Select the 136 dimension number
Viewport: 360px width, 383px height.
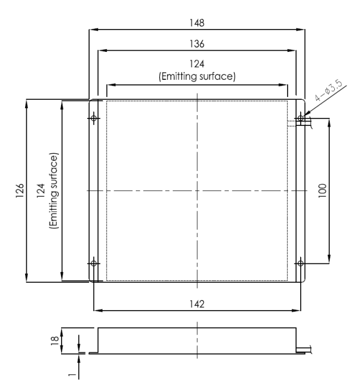tap(197, 43)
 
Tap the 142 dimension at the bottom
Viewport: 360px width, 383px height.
tap(197, 304)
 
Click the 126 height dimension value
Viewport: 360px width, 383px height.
tap(20, 190)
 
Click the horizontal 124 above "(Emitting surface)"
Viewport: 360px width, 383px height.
tap(197, 63)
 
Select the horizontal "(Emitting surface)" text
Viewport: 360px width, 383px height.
tap(197, 76)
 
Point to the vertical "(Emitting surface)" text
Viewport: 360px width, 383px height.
tap(53, 190)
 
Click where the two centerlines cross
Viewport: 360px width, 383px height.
tap(197, 190)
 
